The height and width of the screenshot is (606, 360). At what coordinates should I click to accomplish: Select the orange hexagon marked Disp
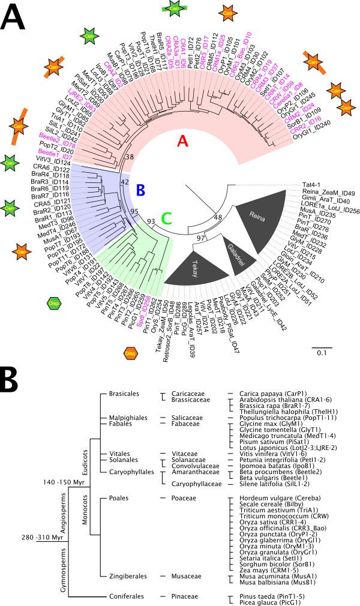(x=130, y=354)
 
